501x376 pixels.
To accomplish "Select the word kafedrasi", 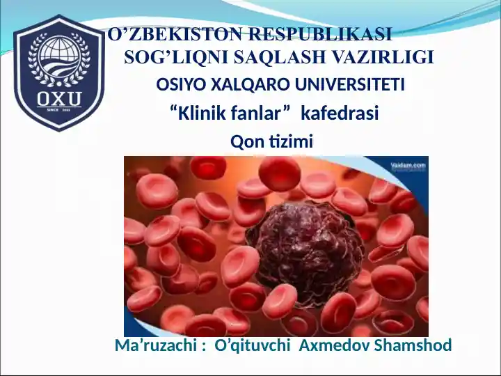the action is pos(340,113).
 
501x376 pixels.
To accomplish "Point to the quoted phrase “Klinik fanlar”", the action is pos(230,113).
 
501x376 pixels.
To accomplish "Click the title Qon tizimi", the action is pos(271,141).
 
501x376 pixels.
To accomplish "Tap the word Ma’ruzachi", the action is pos(156,345).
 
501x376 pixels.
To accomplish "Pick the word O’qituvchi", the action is pos(253,345).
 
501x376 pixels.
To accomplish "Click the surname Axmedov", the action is pos(335,345).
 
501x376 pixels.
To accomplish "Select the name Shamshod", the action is pos(413,345).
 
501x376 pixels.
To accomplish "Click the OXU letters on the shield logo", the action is pos(59,100).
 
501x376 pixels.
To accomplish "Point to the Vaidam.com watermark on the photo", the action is pos(408,165).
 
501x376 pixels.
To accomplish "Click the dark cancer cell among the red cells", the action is pos(305,251).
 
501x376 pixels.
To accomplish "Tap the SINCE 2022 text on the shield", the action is pos(58,110).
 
